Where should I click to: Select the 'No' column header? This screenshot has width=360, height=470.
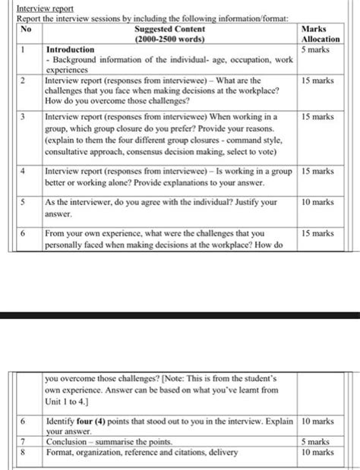[27, 29]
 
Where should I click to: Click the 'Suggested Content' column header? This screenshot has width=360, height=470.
[169, 29]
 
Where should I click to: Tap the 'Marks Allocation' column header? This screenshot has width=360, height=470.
[320, 33]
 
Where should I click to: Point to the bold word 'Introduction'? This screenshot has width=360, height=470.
[70, 49]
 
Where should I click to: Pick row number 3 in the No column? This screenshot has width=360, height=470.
[24, 117]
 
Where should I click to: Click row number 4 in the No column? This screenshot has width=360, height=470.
[24, 172]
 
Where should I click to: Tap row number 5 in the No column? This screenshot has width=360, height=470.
[24, 203]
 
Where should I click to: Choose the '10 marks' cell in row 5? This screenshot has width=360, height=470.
[317, 203]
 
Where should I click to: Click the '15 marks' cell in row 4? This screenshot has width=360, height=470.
[317, 172]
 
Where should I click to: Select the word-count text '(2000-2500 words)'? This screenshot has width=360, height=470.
[169, 39]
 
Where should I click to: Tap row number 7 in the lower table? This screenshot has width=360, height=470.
[24, 441]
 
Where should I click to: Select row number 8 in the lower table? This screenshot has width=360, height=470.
[24, 452]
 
